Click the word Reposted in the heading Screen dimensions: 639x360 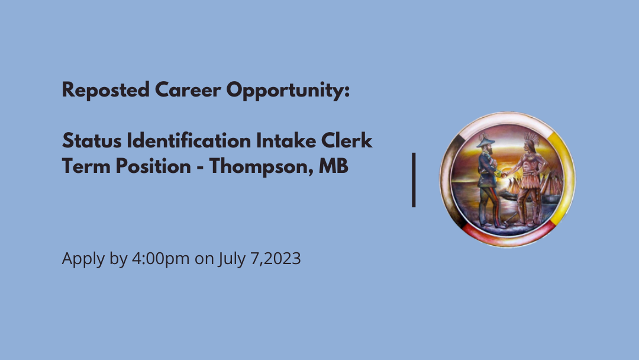pyautogui.click(x=105, y=90)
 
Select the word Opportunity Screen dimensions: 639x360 pyautogui.click(x=288, y=90)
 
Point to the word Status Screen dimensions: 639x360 pyautogui.click(x=92, y=141)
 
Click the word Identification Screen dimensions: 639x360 pyautogui.click(x=189, y=141)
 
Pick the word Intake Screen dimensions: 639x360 pyautogui.click(x=286, y=141)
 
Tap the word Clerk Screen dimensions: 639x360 pyautogui.click(x=347, y=141)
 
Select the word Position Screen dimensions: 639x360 pyautogui.click(x=153, y=166)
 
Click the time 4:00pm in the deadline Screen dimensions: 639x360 pyautogui.click(x=160, y=259)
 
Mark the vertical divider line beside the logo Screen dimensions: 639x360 pyautogui.click(x=414, y=180)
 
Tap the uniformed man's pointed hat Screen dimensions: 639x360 pyautogui.click(x=485, y=141)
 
